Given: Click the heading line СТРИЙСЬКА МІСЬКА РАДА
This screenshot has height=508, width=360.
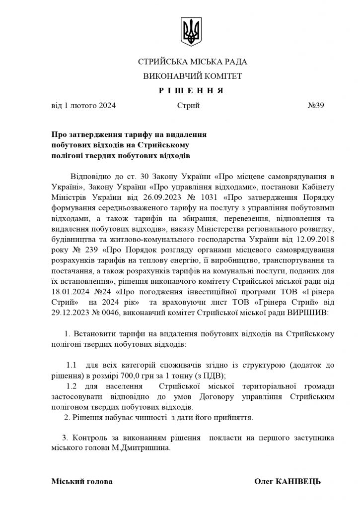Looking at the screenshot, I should pyautogui.click(x=192, y=62).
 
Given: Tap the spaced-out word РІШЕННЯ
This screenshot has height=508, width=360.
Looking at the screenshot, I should pyautogui.click(x=192, y=91).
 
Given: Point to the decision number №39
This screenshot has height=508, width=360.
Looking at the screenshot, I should pyautogui.click(x=316, y=105).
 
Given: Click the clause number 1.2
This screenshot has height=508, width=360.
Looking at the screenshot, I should pyautogui.click(x=72, y=386).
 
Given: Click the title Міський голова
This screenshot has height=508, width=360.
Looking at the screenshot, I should pyautogui.click(x=81, y=481).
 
